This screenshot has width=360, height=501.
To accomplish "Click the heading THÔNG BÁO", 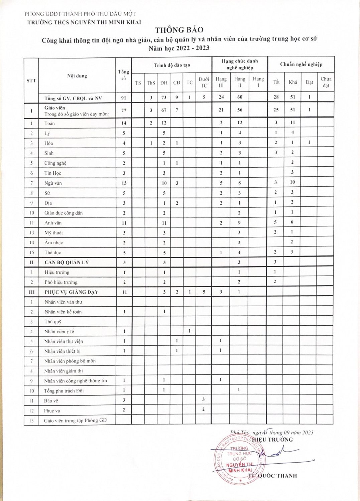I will (x=179, y=30).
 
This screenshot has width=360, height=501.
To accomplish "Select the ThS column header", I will (x=151, y=83).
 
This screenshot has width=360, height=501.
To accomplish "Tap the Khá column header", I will (x=293, y=82).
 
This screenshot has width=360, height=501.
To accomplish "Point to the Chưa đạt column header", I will (x=326, y=82).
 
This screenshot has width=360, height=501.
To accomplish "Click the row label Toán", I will (x=49, y=124).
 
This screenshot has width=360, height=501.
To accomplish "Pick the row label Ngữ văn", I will (x=53, y=183).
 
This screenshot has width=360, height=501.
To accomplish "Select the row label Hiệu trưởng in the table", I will (x=57, y=273).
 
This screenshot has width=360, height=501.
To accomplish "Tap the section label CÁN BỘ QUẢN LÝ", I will (x=67, y=263).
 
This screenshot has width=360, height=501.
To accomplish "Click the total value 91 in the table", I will (x=124, y=98).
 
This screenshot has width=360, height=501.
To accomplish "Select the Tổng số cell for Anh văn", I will (x=124, y=223).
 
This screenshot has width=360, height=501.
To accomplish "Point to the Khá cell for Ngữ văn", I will (x=292, y=182).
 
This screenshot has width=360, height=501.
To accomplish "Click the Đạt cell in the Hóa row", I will (x=309, y=142).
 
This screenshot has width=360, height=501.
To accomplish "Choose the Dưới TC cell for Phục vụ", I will (x=203, y=409).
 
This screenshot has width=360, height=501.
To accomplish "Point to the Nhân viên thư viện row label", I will (x=64, y=341).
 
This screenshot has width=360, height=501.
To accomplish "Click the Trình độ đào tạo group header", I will (x=172, y=65).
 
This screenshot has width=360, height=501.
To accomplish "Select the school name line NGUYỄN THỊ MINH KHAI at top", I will (x=84, y=22).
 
